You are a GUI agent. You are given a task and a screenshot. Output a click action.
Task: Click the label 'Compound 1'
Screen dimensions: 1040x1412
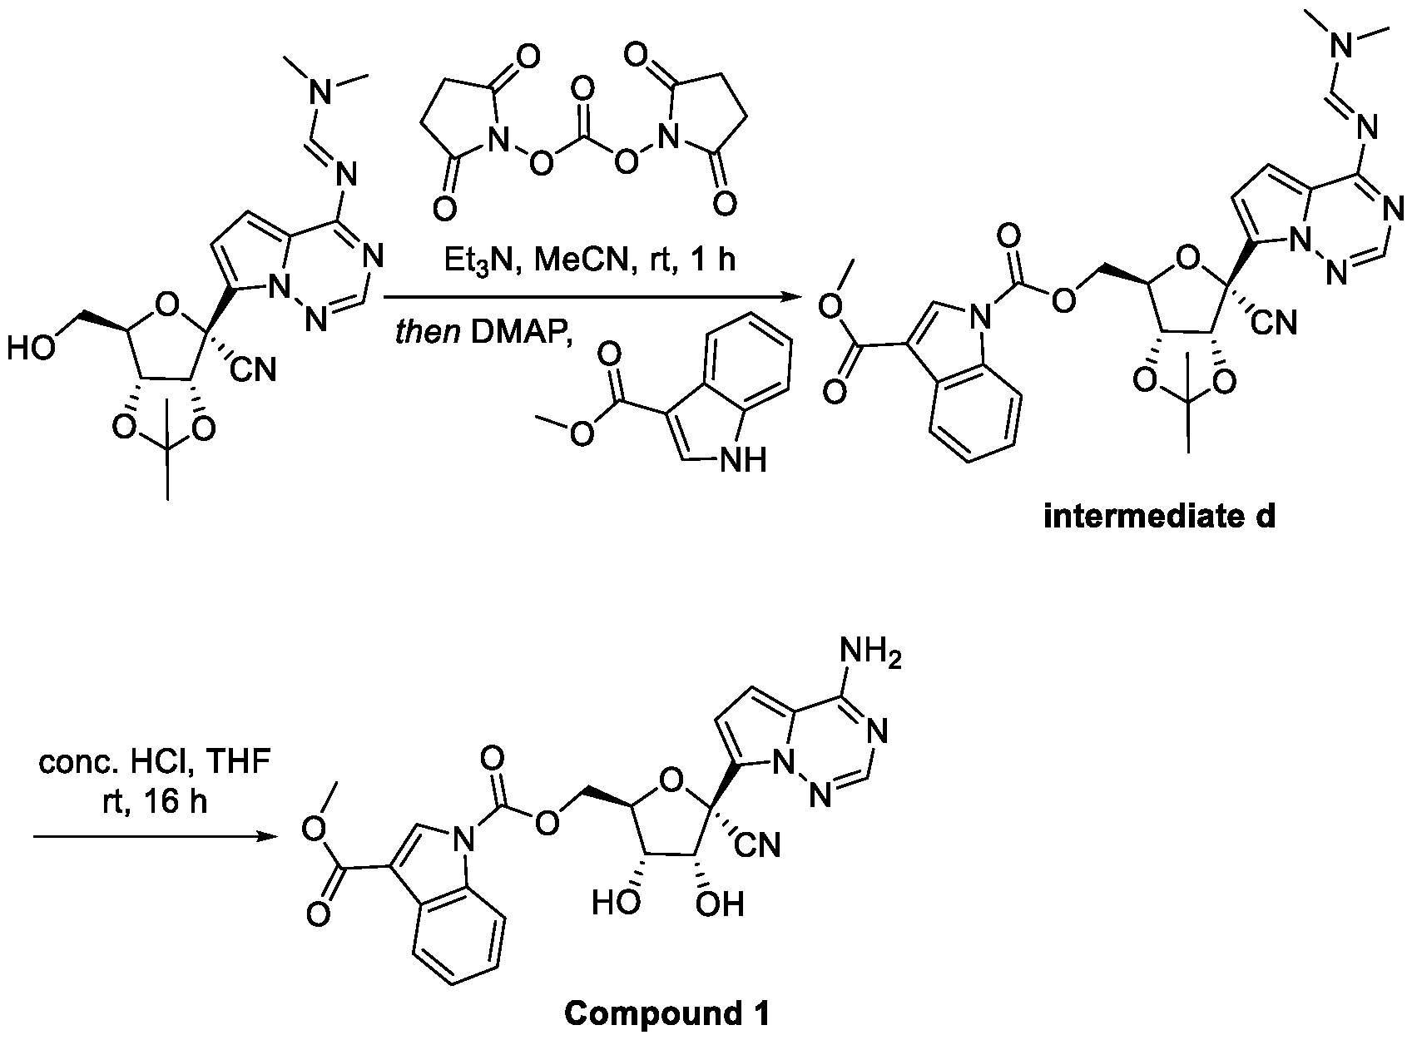tap(666, 1013)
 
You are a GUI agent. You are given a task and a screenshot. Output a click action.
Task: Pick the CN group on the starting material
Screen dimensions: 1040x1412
tap(252, 369)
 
